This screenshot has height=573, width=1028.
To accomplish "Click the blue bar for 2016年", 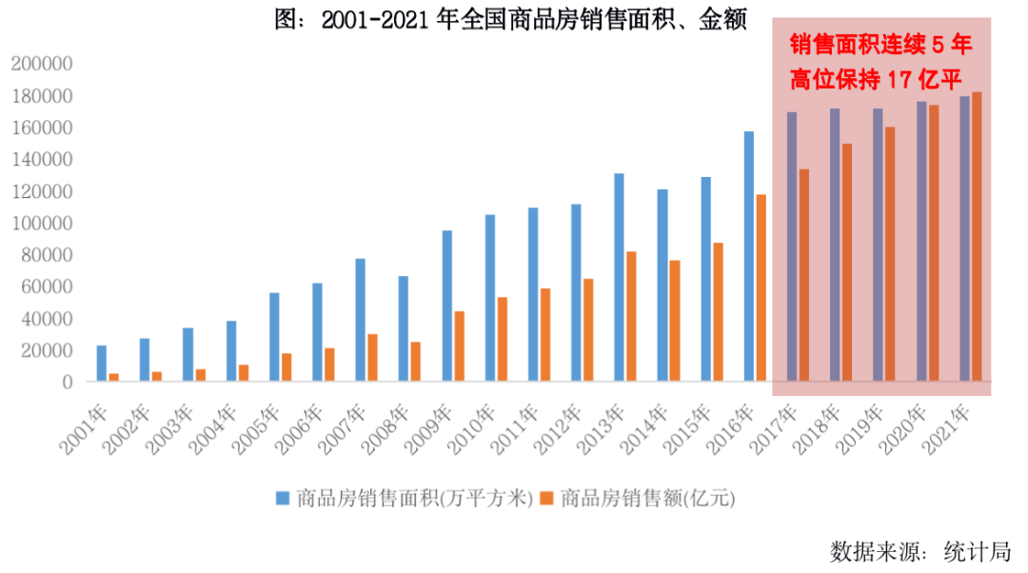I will click(748, 256).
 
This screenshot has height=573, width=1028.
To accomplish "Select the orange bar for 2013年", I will click(631, 316).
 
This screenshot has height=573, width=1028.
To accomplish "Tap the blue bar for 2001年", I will click(102, 363).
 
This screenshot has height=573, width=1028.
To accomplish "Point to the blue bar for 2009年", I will click(446, 306).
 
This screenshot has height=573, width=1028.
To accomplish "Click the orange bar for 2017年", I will click(803, 275).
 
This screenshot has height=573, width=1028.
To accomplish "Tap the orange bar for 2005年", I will click(287, 367).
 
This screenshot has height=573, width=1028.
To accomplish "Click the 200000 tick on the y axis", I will click(42, 64).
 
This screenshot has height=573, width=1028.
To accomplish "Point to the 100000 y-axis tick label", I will click(42, 223).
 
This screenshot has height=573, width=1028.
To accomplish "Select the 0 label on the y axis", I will click(67, 382).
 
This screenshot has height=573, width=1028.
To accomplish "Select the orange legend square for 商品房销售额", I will click(546, 498).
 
